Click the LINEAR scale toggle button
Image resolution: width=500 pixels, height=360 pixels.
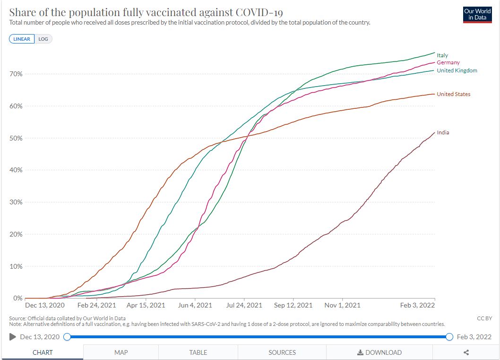click(x=22, y=39)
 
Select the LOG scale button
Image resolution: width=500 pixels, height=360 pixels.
click(x=43, y=39)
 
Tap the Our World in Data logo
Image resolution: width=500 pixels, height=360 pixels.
click(x=477, y=15)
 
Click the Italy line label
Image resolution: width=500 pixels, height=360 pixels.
click(x=442, y=55)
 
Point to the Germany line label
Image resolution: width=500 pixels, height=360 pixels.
click(x=448, y=62)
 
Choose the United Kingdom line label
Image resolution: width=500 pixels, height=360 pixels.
click(x=457, y=70)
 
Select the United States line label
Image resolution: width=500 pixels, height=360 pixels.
click(x=453, y=94)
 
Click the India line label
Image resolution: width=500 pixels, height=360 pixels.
click(x=443, y=132)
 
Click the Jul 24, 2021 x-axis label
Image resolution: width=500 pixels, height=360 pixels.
click(x=244, y=306)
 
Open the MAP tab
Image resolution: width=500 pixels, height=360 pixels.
click(x=121, y=352)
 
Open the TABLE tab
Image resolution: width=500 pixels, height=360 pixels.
click(x=198, y=352)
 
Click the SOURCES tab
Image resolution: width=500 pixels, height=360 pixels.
click(x=282, y=352)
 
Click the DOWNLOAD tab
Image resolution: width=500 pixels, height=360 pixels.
click(x=379, y=352)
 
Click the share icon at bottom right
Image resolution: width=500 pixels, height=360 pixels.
click(x=466, y=352)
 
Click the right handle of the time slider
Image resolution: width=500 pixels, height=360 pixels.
click(x=449, y=337)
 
